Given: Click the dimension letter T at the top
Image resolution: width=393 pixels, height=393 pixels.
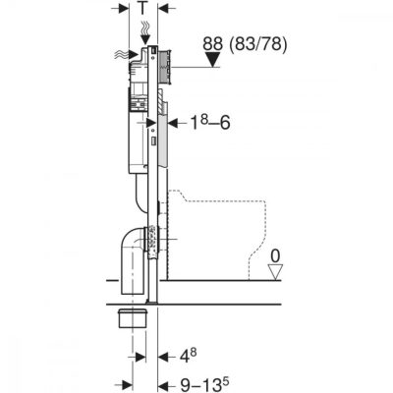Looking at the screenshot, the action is point(142,8).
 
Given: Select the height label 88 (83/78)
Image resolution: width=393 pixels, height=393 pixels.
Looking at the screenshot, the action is point(245,44).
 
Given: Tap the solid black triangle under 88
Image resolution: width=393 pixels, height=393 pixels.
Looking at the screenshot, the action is point(213,60).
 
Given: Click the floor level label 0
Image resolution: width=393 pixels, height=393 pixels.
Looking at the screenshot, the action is point(276,256).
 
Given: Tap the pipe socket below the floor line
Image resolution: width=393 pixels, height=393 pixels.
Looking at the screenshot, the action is point(132,317).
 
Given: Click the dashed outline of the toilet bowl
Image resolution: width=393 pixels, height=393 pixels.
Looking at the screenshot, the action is point(266,226).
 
